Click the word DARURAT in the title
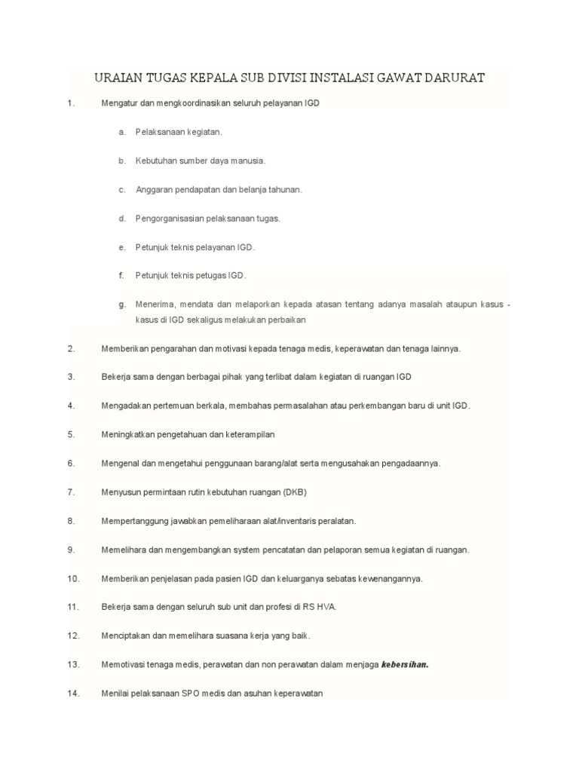(x=451, y=78)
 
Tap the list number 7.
(x=71, y=492)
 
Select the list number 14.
(x=73, y=694)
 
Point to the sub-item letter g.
(x=121, y=305)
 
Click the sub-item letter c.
(x=121, y=190)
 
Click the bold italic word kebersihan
(x=405, y=665)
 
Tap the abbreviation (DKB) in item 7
(x=295, y=492)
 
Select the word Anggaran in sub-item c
(x=154, y=190)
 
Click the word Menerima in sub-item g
(x=155, y=305)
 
